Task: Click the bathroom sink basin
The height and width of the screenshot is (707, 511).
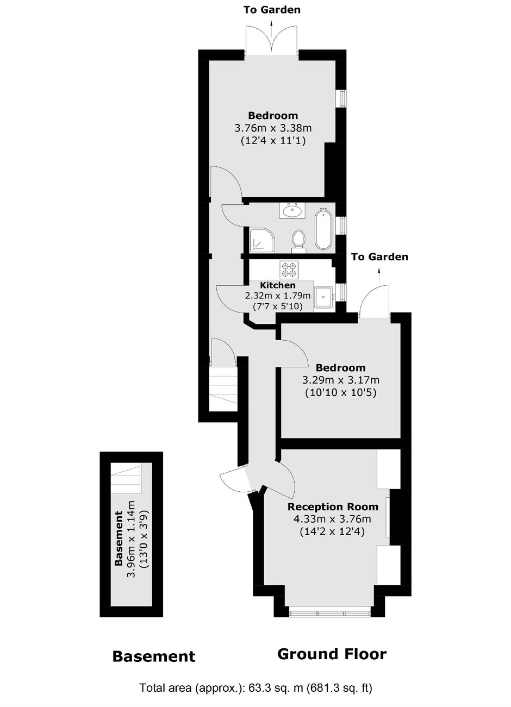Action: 292,210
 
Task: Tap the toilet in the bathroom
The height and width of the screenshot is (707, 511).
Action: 298,241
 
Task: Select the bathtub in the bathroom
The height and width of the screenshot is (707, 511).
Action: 323,229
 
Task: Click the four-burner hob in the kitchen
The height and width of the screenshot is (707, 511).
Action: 289,270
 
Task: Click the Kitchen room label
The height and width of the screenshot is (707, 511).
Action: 278,285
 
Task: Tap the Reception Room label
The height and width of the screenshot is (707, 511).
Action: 333,506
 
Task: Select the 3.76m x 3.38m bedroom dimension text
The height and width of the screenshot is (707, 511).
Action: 273,128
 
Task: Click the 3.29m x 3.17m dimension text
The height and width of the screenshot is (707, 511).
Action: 341,380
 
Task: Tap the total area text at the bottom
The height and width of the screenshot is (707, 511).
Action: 256,688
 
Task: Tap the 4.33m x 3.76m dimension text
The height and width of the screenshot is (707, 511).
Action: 332,519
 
